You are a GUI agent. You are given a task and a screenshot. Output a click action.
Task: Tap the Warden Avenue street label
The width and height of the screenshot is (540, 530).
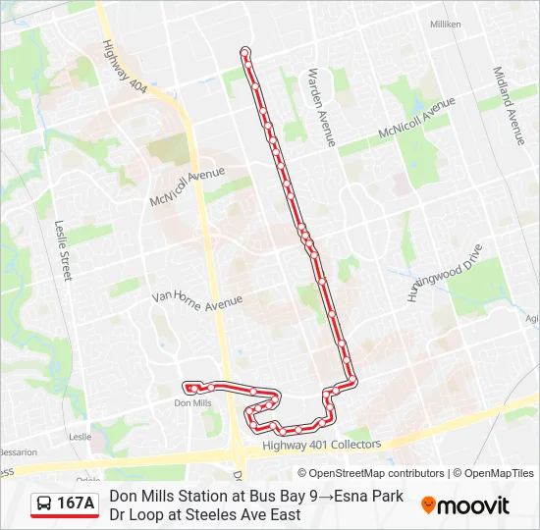322,107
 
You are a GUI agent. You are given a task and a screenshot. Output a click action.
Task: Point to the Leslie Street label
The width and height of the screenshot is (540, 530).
64,249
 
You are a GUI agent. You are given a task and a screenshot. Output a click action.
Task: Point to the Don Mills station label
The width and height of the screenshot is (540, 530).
192,402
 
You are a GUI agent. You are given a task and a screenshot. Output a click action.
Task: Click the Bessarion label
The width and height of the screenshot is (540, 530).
18,452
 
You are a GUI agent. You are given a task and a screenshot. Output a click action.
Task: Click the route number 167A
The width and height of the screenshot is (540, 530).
77,503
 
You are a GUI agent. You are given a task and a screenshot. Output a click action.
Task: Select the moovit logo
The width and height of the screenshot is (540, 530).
465,505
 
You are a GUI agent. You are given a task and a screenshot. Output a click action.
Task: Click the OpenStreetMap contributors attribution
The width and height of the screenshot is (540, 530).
370,473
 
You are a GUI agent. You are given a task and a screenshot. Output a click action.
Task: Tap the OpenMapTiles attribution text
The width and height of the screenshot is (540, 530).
499,473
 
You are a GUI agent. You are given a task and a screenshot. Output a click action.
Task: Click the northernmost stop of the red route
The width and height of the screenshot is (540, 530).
244,51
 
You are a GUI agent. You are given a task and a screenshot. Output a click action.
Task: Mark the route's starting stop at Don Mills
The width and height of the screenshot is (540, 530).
189,388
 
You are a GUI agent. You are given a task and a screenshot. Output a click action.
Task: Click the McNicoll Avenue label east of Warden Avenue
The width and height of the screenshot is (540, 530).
416,120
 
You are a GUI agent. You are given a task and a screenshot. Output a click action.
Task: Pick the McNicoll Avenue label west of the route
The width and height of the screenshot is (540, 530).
187,185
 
